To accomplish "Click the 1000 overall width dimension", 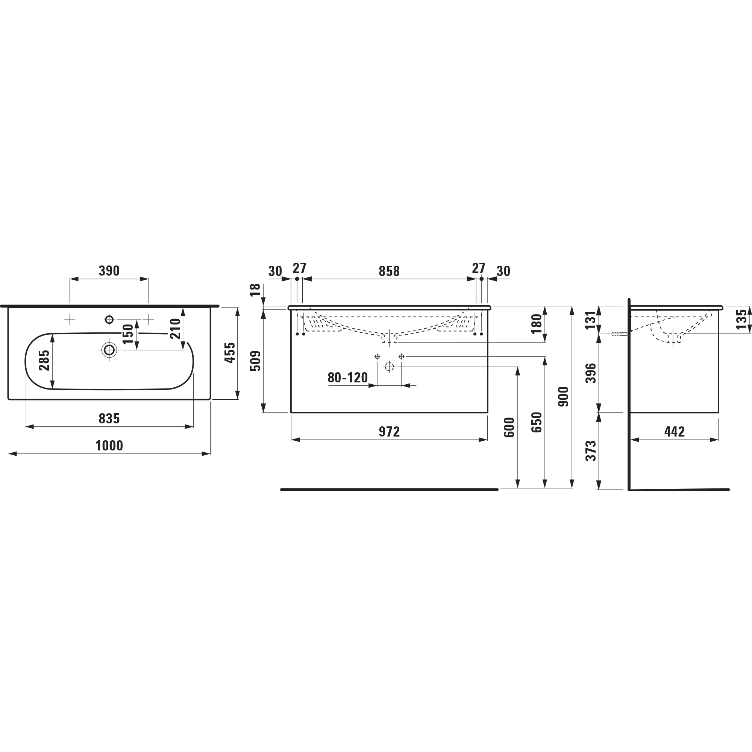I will coord(109,446).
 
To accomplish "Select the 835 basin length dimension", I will coord(109,418).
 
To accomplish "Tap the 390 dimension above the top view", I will coord(109,271).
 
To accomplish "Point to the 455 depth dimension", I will coord(230,353).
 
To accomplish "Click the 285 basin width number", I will coord(44,360).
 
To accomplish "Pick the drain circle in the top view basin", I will coord(109,350).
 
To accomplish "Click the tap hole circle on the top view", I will coord(109,320).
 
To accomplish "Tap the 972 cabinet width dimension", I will coord(389,432).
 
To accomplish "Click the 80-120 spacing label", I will coord(347,378).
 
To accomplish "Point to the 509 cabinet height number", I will coord(256,361).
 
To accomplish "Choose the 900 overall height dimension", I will coord(564,397).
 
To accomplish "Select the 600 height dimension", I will coord(509,428).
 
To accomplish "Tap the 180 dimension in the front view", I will coord(537,324).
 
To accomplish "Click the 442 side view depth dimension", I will coord(675,432).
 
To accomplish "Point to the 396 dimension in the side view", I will coord(591,373).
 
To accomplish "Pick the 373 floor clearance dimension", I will coord(591,451).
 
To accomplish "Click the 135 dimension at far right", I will coord(742,319).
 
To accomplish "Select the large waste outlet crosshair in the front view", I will coord(389,367).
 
